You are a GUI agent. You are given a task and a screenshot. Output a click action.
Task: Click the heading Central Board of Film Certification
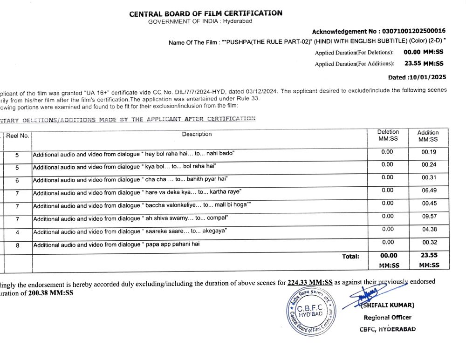(x=206, y=13)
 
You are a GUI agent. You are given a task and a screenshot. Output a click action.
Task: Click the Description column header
(x=197, y=134)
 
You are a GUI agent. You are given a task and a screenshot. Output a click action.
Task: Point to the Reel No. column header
(x=17, y=136)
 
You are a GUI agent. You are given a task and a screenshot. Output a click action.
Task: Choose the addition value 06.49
(x=428, y=190)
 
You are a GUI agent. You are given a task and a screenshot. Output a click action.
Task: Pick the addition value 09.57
(x=428, y=217)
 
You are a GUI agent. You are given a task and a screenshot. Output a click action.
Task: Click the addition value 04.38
(x=428, y=230)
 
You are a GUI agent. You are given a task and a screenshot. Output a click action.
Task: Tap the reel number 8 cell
(x=17, y=245)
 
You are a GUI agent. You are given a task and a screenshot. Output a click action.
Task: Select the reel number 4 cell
(x=17, y=232)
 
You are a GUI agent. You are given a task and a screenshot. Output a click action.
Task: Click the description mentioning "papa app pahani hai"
(x=116, y=245)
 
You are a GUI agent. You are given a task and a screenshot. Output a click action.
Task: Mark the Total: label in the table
(x=350, y=256)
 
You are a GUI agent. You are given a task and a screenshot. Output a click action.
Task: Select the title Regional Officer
(x=387, y=318)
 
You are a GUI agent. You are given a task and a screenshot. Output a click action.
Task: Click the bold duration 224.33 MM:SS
(x=310, y=282)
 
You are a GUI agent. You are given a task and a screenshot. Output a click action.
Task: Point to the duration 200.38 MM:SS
(x=50, y=293)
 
